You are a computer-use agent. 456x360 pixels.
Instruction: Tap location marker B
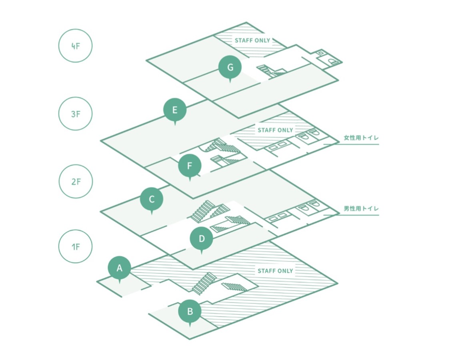(x=190, y=312)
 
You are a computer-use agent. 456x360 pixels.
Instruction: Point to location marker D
(x=202, y=239)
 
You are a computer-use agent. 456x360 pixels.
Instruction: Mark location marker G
(x=230, y=68)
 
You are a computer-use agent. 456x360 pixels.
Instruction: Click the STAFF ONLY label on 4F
(x=252, y=40)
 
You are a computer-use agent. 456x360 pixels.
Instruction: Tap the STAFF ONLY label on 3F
(x=275, y=130)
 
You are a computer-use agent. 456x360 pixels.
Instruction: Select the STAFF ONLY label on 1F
(x=275, y=271)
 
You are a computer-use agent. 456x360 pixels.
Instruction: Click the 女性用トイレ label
(x=361, y=138)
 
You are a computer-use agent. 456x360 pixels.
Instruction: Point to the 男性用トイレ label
(x=361, y=208)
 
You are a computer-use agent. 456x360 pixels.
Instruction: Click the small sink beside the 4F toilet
(x=321, y=53)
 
